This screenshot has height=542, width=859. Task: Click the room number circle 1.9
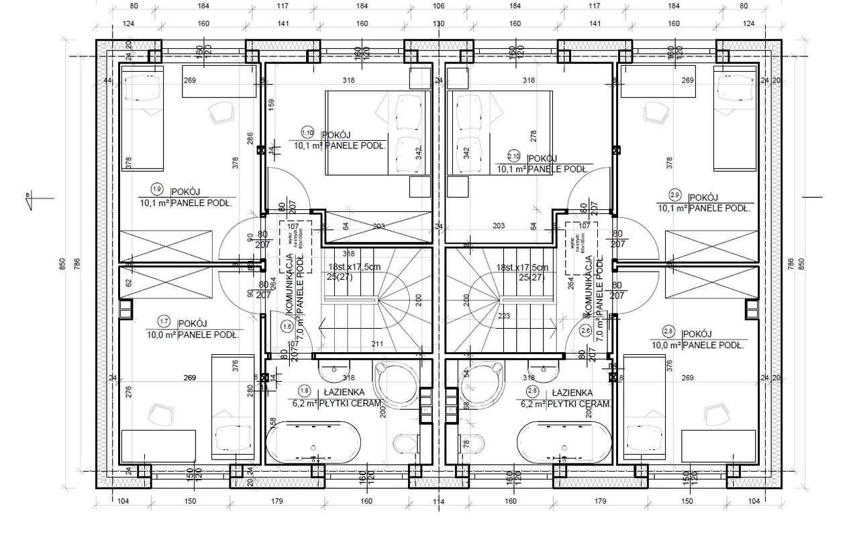click(158, 188)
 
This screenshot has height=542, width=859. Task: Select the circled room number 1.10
click(308, 132)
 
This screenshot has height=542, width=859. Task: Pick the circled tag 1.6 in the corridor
click(288, 327)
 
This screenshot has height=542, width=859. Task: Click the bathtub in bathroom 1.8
click(314, 443)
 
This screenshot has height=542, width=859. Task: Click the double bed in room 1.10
click(377, 133)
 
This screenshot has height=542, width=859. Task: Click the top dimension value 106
click(438, 6)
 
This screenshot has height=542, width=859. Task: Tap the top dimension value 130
click(438, 23)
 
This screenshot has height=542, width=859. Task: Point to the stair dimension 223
click(505, 316)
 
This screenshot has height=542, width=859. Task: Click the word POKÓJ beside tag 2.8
click(696, 333)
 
